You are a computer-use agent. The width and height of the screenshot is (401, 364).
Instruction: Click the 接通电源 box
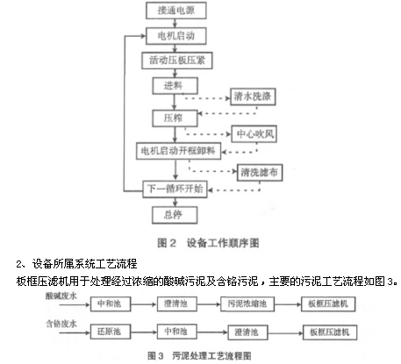pos(176,11)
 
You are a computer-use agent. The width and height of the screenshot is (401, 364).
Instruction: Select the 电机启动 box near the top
pos(176,36)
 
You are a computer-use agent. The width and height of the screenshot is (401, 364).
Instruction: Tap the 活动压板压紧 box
pos(177,61)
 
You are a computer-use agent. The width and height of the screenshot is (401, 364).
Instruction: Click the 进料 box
pos(175,86)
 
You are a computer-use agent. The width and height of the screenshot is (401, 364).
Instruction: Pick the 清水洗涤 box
pos(253,96)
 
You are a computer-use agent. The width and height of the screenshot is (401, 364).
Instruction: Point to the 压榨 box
pos(175,118)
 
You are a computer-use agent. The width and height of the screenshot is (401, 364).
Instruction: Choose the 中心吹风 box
pos(254,134)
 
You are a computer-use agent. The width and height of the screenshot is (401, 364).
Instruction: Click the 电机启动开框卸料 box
pos(178,151)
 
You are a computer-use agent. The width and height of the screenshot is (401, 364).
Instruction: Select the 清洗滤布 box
pos(260,173)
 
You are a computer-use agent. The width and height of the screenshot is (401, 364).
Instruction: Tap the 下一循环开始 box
pos(175,189)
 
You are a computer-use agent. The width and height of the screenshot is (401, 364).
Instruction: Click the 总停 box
pos(175,215)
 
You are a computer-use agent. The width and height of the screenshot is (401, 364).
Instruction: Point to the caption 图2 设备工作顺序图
pos(208,243)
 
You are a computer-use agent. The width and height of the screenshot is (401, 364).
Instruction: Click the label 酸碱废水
pos(61,296)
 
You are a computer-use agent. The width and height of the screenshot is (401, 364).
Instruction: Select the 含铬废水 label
pos(61,324)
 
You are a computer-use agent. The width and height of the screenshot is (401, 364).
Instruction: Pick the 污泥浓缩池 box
pos(247,303)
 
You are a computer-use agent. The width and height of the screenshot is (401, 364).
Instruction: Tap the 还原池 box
pos(111,332)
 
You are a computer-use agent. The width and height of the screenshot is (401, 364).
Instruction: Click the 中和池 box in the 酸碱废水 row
pos(111,303)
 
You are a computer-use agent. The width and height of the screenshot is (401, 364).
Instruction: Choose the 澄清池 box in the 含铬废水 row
pos(247,332)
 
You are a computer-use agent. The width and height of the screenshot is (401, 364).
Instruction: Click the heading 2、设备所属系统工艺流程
pos(76,264)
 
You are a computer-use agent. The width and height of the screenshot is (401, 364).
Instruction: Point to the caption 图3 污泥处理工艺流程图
pos(199,356)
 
